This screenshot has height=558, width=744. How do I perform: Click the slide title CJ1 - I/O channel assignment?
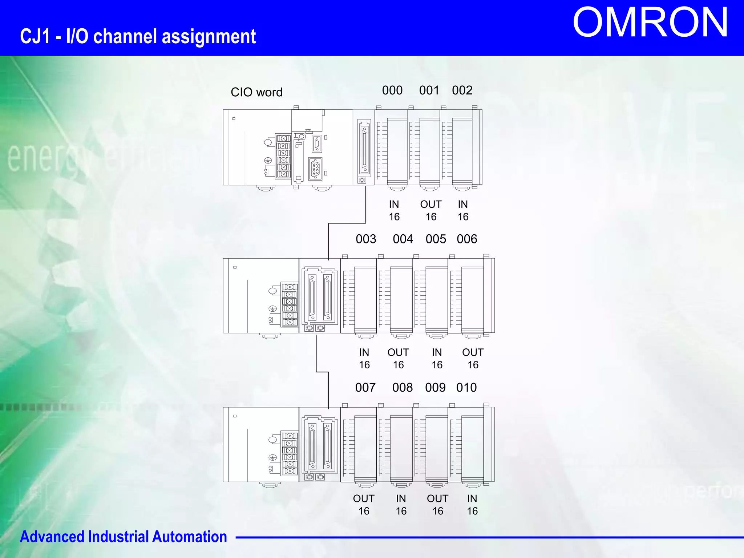click(138, 37)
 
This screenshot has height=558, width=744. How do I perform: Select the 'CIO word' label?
click(256, 92)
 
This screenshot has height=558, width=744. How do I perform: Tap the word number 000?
click(392, 90)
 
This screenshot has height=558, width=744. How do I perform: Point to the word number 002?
click(462, 90)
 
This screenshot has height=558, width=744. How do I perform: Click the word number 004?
click(403, 239)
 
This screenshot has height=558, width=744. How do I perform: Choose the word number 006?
click(467, 239)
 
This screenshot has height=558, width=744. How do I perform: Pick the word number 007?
click(365, 388)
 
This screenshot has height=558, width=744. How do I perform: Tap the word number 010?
click(466, 388)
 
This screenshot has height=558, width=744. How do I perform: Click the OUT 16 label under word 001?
click(431, 210)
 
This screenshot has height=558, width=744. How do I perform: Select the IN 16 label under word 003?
click(364, 359)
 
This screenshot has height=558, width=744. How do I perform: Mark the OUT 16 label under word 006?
click(473, 359)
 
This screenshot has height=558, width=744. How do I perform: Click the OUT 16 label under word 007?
click(364, 505)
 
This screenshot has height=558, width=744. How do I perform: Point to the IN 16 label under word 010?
click(472, 505)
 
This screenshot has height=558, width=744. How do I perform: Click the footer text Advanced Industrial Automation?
click(124, 537)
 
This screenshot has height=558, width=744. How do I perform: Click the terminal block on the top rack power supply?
click(283, 156)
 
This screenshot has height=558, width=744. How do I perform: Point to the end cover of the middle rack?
click(489, 296)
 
